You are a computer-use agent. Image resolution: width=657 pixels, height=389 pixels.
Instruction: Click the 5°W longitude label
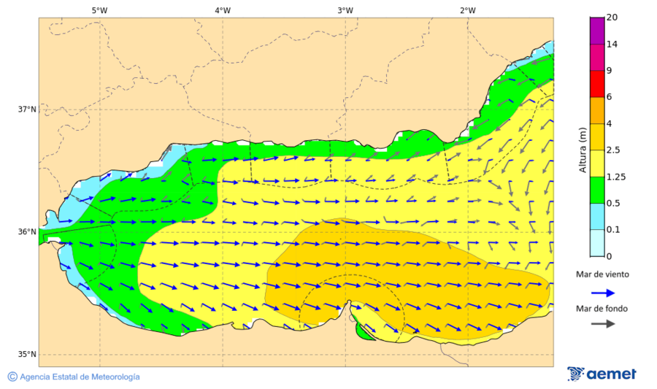pos(100,10)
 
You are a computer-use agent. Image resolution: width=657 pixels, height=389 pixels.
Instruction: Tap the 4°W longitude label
pos(223,10)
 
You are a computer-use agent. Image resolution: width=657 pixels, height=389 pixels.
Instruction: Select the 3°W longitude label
pos(345,10)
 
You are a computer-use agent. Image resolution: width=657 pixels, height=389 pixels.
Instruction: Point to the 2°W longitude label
pos(468,10)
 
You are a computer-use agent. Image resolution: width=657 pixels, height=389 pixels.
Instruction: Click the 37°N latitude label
pos(27,109)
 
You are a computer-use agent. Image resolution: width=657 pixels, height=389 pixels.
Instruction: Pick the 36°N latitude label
pos(27,232)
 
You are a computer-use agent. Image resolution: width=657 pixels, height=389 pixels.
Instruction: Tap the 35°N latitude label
pos(27,355)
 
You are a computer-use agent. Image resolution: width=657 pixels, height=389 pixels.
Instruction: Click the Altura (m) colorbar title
pos(582,150)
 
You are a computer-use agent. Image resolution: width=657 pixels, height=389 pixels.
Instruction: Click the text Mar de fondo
pos(602,309)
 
